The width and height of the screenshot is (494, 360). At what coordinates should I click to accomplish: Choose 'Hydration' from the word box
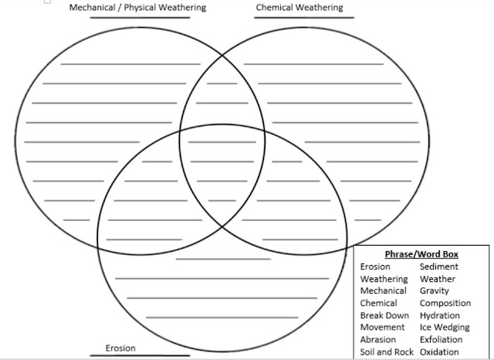pyautogui.click(x=439, y=315)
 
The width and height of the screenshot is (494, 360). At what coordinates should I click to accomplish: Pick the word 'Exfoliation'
pyautogui.click(x=442, y=340)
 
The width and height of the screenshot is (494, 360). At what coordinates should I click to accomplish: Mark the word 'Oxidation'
pyautogui.click(x=440, y=352)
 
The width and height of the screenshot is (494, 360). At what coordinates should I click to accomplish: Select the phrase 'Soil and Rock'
pyautogui.click(x=387, y=352)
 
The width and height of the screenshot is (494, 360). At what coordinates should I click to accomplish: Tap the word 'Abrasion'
pyautogui.click(x=377, y=340)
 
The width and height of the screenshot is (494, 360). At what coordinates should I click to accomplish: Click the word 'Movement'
pyautogui.click(x=382, y=328)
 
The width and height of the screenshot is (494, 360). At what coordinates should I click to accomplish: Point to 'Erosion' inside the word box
pyautogui.click(x=375, y=267)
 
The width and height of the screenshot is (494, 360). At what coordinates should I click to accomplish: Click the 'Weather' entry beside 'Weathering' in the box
pyautogui.click(x=437, y=279)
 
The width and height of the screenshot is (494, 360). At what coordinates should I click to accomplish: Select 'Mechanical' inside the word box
pyautogui.click(x=384, y=291)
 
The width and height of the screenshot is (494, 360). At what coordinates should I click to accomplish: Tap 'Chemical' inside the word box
pyautogui.click(x=378, y=304)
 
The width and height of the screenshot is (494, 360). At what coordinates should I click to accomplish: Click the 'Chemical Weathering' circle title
pyautogui.click(x=299, y=8)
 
